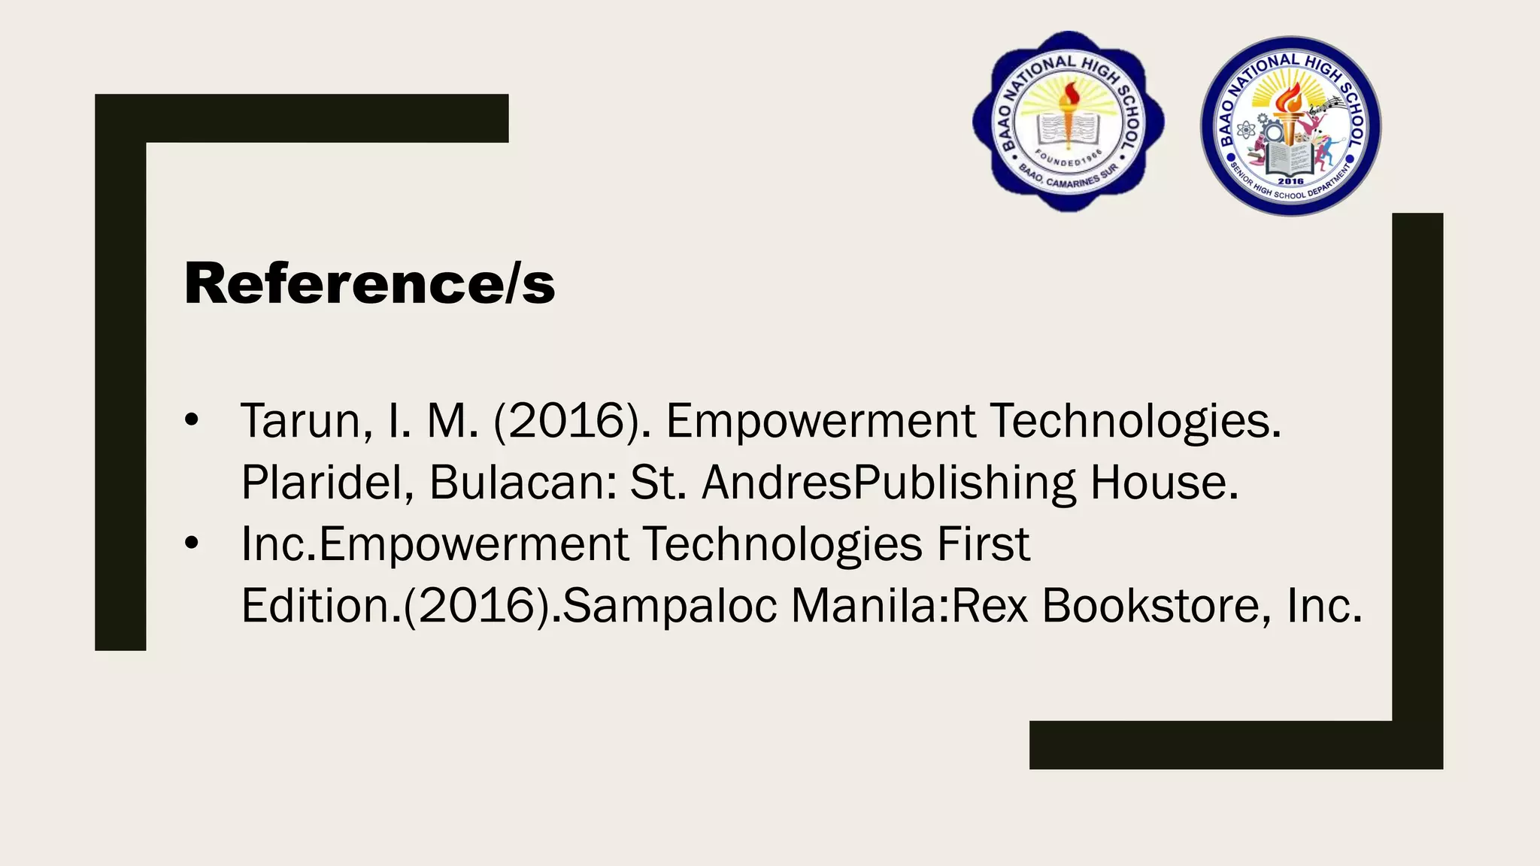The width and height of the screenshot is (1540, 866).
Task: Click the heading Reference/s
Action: click(369, 283)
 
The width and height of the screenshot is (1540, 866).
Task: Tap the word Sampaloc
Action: click(669, 605)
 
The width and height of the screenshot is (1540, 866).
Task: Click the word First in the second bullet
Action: click(983, 544)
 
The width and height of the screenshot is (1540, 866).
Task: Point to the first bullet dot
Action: click(192, 420)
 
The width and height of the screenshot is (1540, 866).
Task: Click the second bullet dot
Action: click(192, 544)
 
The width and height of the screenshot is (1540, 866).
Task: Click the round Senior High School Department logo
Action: click(1290, 126)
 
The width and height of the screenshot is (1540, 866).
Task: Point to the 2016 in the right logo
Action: click(1290, 181)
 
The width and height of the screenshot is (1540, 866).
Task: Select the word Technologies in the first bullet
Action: click(1135, 420)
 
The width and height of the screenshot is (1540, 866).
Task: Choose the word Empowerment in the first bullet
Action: click(820, 420)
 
